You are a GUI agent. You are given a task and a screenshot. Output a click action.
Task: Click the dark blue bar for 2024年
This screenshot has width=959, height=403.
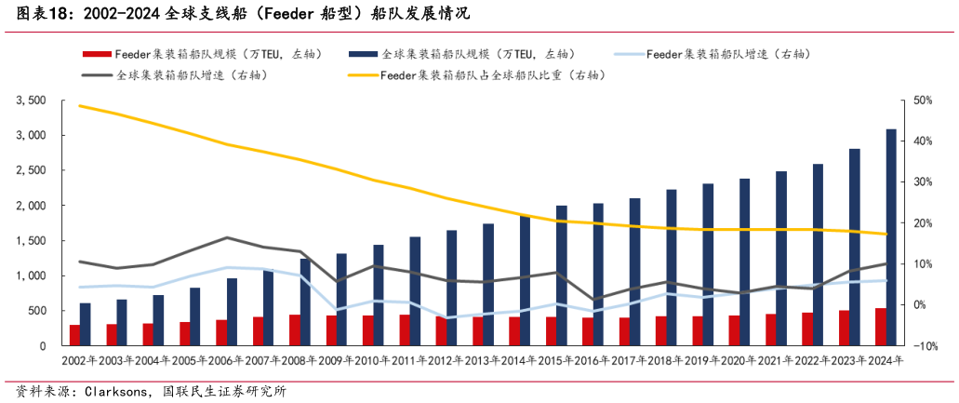tap(890, 237)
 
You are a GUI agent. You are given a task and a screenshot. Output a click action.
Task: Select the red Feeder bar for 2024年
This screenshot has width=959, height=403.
tap(880, 327)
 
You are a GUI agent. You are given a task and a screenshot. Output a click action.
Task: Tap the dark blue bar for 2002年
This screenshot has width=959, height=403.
tap(86, 324)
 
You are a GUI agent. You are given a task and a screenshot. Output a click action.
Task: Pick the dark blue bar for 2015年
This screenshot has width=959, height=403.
tap(562, 275)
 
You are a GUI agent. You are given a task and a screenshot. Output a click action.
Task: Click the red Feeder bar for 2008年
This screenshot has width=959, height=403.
tap(294, 329)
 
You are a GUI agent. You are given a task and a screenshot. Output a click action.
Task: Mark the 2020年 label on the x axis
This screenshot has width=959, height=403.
tap(732, 361)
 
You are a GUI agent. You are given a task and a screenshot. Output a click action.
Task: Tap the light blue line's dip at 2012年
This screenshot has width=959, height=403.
tap(447, 317)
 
